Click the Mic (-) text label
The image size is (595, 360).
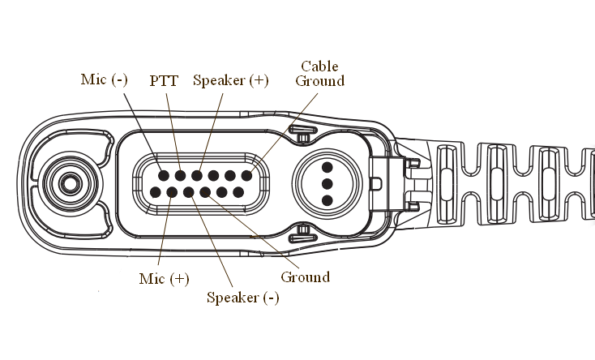(105, 79)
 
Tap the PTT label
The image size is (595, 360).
(165, 81)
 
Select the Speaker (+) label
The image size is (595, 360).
(230, 80)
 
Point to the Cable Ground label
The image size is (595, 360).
(319, 73)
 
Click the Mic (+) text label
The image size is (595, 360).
(164, 278)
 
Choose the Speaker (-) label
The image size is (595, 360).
(243, 297)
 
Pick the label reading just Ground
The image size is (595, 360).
(305, 277)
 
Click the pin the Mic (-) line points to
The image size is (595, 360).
(164, 175)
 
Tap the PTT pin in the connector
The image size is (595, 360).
(180, 175)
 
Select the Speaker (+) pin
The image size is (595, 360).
(197, 175)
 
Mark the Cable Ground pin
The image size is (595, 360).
(247, 175)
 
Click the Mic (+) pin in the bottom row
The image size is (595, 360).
(172, 193)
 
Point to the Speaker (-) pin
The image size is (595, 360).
(189, 193)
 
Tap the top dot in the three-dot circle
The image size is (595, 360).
(327, 169)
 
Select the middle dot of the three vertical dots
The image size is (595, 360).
(327, 184)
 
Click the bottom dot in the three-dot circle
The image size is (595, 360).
(327, 199)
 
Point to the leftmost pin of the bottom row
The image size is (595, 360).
(155, 193)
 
